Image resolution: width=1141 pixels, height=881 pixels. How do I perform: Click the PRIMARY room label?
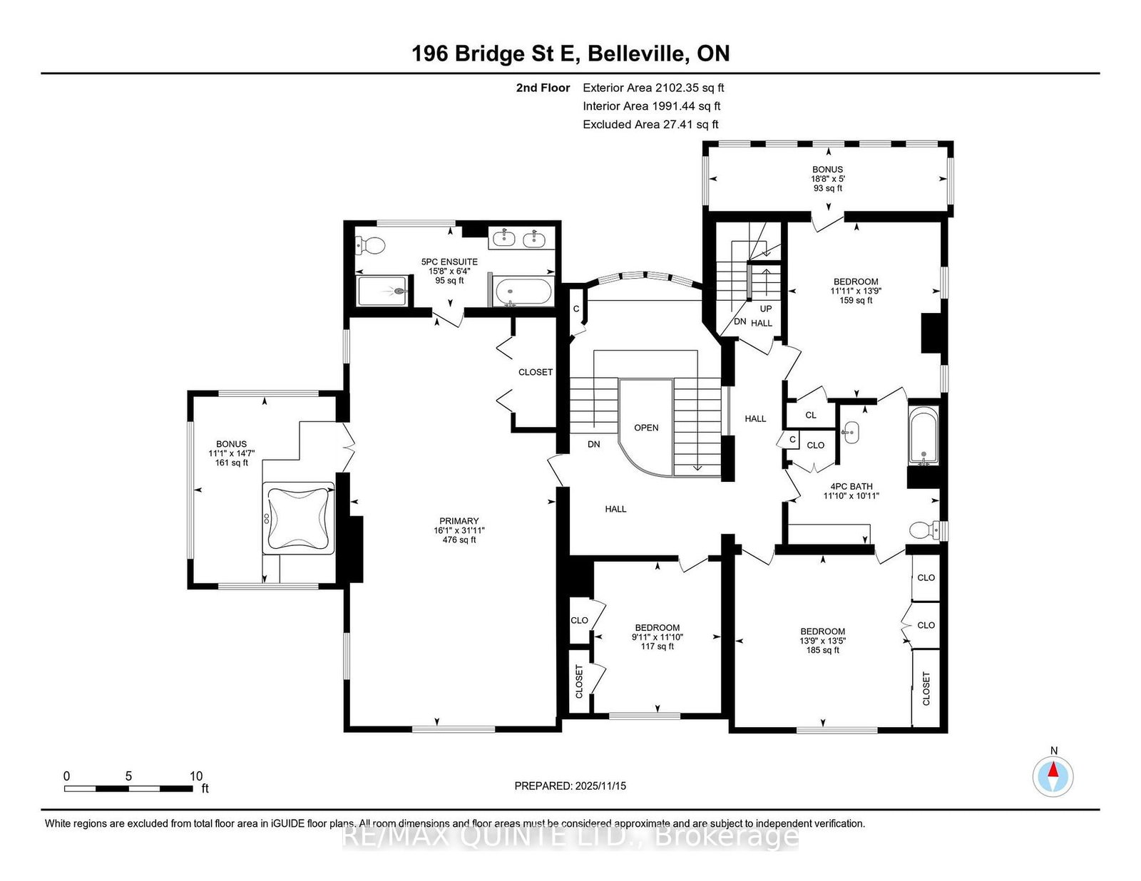[459, 521]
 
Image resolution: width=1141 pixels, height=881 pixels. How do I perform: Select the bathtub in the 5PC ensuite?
[524, 292]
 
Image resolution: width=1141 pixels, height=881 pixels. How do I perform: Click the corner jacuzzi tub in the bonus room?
[299, 518]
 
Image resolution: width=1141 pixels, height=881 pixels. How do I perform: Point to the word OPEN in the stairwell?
[646, 428]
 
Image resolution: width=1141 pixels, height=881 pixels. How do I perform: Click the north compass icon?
[1053, 777]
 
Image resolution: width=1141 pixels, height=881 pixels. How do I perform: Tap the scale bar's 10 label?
[196, 776]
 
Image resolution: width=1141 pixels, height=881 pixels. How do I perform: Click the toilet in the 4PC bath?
[928, 530]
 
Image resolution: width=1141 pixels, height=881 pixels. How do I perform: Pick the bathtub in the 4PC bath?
[923, 436]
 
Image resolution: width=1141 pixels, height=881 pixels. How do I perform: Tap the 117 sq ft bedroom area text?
[658, 646]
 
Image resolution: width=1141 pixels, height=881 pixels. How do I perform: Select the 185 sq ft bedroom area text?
[823, 650]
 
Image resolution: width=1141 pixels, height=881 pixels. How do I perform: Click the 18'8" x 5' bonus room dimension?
[827, 178]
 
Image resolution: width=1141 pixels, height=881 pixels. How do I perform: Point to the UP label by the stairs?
[766, 309]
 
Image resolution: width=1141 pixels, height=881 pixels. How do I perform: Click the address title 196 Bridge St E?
[496, 54]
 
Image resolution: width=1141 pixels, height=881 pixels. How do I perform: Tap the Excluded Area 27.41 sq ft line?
[650, 124]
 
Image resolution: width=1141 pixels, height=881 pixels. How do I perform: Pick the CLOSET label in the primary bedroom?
[536, 372]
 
